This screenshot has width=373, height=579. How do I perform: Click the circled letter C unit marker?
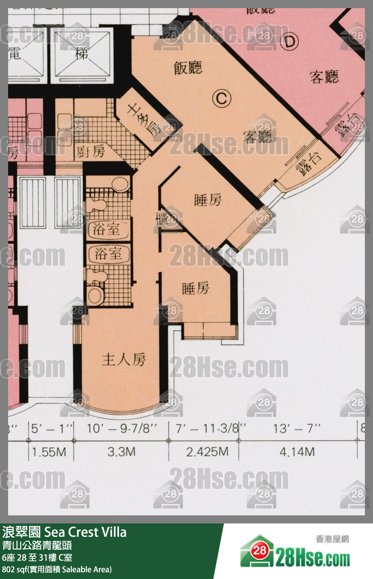tap(222, 98)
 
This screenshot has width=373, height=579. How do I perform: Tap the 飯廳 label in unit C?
tap(188, 68)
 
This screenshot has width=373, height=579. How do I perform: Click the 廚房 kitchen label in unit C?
tap(91, 152)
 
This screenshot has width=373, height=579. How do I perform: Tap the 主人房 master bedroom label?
tap(124, 359)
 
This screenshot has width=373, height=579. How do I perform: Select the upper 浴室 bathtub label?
tap(107, 229)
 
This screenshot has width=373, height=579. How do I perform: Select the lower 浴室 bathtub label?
tap(108, 254)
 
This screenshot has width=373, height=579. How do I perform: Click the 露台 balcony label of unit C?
tap(309, 163)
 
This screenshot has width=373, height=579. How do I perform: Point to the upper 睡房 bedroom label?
tap(208, 200)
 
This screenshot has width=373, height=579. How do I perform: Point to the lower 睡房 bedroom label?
tap(196, 289)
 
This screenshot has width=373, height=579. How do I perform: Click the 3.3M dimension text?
tap(121, 452)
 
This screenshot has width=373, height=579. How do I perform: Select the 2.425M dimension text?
tap(207, 452)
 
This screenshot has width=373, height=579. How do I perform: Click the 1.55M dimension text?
tap(49, 452)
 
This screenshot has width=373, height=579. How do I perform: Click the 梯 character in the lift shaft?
tap(82, 53)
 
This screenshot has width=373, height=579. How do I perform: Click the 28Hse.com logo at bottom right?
tap(295, 553)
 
